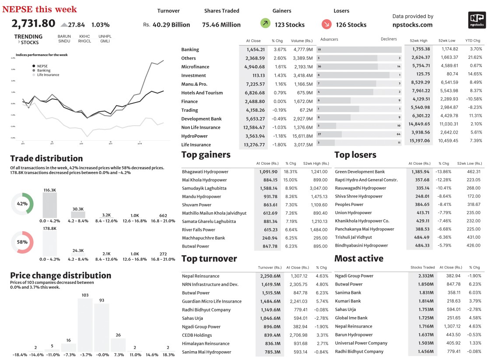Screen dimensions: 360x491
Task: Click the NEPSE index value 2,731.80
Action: [33, 24]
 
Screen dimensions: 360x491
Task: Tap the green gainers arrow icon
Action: [265, 24]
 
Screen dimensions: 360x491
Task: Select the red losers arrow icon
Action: [326, 24]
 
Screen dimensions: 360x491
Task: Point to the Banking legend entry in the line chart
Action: [43, 71]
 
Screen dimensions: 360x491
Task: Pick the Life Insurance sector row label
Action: [196, 145]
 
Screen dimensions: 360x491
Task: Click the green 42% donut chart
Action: [22, 204]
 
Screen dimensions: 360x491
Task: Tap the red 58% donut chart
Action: [22, 242]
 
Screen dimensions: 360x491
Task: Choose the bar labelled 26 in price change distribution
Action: [118, 344]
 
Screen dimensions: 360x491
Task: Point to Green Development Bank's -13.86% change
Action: [443, 172]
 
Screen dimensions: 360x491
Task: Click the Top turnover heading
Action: [209, 258]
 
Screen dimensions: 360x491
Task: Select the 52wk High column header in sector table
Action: [419, 41]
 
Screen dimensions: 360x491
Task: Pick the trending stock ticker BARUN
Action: [64, 36]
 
